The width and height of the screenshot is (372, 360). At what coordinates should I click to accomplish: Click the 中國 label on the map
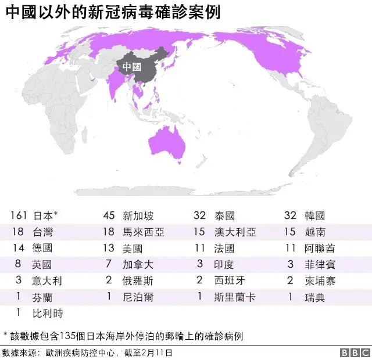(133, 67)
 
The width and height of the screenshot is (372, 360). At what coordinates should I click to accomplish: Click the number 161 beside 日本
(19, 216)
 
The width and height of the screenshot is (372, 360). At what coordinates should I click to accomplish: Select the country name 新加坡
(138, 216)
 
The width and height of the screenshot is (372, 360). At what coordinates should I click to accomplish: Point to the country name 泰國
(224, 216)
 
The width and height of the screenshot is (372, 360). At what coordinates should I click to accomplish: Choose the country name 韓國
(314, 216)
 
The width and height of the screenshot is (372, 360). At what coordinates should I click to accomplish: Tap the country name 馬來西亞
(144, 232)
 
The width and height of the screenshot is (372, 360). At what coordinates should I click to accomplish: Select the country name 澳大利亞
(235, 232)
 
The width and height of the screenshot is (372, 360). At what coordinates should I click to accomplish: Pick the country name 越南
(314, 232)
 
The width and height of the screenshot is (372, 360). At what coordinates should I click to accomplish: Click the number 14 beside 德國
(19, 249)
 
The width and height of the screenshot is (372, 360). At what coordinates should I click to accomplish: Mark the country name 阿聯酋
(320, 249)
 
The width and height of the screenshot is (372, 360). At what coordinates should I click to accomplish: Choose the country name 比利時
(48, 314)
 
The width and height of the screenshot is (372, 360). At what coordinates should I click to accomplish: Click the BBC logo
(354, 352)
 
